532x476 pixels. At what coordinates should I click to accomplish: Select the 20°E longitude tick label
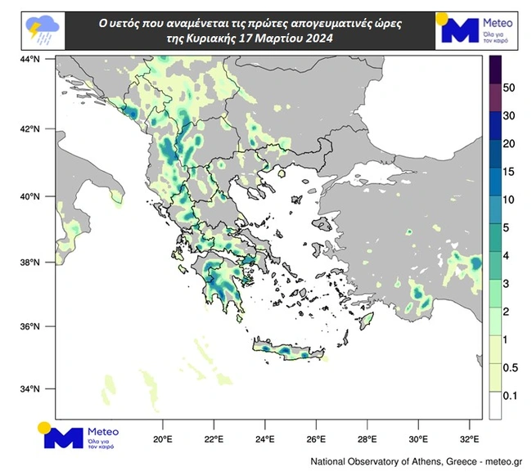[x=162, y=427]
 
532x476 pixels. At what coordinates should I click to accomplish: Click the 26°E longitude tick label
[x=316, y=427]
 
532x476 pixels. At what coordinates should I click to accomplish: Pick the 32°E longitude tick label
[x=469, y=427]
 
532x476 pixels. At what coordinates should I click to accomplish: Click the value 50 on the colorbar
[x=508, y=87]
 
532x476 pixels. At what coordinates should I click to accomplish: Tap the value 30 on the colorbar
[x=508, y=115]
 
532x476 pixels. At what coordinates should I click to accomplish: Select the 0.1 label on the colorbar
[x=510, y=396]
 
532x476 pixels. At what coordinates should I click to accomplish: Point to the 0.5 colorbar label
[x=510, y=368]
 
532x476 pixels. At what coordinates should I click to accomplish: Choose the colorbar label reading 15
[x=508, y=172]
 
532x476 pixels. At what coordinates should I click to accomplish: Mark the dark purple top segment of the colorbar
[x=495, y=70]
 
